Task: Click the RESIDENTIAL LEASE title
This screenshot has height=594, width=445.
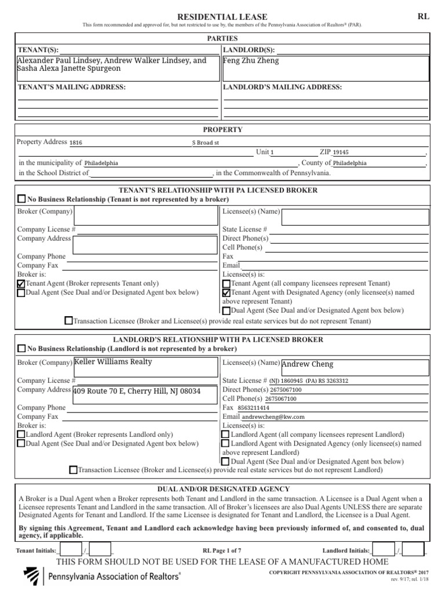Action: click(222, 17)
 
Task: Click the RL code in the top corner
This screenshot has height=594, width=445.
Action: click(424, 16)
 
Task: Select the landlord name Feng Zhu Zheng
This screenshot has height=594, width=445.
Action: click(251, 60)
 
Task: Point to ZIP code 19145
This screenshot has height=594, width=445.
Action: click(341, 153)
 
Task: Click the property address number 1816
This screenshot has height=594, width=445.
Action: click(76, 142)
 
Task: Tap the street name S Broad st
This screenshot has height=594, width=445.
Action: click(206, 142)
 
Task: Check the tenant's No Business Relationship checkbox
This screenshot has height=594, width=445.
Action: click(21, 199)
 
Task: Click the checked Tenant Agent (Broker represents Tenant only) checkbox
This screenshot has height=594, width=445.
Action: click(21, 284)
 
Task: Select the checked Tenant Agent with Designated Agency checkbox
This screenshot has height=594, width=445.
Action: click(227, 293)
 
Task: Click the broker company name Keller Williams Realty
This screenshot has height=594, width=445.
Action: click(114, 361)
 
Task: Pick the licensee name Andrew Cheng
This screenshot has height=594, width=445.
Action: click(307, 364)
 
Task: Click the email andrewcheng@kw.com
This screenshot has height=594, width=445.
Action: click(273, 416)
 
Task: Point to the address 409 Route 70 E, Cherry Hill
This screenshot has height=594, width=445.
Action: click(137, 392)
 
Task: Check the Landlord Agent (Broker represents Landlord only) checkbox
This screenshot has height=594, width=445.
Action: click(21, 434)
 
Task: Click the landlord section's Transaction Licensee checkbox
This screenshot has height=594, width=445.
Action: click(73, 470)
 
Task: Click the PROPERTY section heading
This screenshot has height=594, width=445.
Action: click(222, 129)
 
